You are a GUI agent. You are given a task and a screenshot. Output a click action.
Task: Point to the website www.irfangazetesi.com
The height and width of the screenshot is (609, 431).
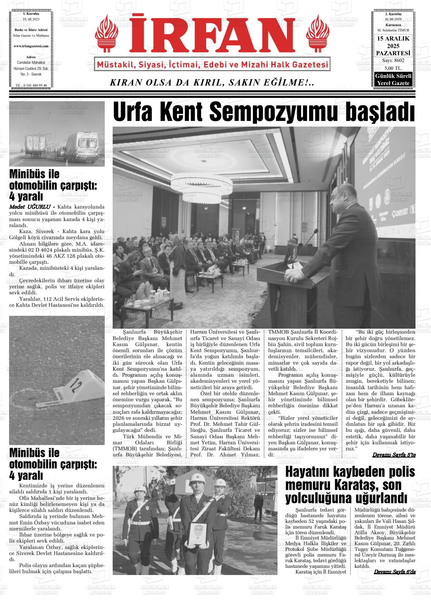[31, 46]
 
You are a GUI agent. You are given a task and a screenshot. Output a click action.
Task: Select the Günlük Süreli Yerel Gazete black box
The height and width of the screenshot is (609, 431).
[392, 80]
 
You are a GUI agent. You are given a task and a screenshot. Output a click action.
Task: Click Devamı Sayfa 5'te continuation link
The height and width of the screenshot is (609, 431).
[394, 454]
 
